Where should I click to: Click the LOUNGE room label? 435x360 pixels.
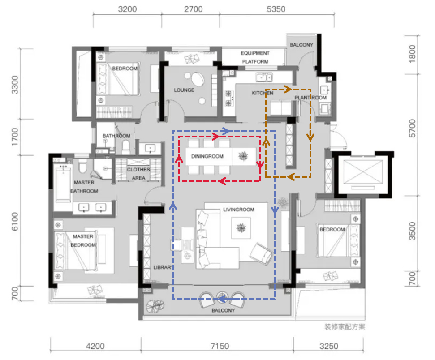(184, 90)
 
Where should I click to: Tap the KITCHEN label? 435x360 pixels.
(263, 93)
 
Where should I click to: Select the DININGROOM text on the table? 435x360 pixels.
(207, 156)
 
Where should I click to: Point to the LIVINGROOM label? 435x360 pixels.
(239, 210)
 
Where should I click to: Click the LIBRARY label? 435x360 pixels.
(164, 267)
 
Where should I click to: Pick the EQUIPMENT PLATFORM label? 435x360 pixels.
(255, 57)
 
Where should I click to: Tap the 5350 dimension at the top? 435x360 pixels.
(276, 9)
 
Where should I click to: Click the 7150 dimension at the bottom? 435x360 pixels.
(220, 346)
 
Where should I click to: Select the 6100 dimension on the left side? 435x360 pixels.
(15, 221)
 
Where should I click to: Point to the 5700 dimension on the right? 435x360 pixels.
(413, 128)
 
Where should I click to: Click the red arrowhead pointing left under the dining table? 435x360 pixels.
(222, 182)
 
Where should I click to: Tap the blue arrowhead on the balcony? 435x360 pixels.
(222, 299)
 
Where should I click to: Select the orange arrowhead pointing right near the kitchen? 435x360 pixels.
(288, 89)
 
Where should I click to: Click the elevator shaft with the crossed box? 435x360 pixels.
(362, 173)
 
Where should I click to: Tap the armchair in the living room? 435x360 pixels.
(261, 253)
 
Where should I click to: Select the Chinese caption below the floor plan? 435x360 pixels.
(345, 327)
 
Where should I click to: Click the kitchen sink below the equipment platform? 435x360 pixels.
(264, 77)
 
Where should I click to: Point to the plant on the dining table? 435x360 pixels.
(243, 156)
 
